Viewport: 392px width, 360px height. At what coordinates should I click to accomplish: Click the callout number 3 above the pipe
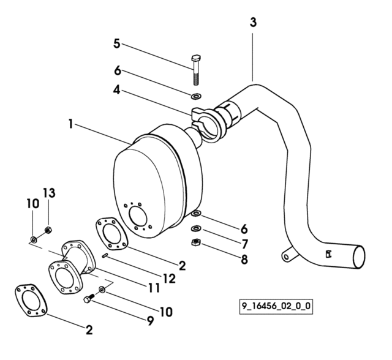pyautogui.click(x=253, y=23)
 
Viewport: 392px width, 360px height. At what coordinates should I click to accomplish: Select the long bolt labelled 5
pyautogui.click(x=196, y=70)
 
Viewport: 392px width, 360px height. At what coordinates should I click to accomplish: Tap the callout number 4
pyautogui.click(x=117, y=89)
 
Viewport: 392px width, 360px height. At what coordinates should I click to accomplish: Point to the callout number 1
pyautogui.click(x=71, y=124)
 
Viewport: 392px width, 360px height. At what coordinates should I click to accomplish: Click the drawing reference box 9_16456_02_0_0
pyautogui.click(x=276, y=306)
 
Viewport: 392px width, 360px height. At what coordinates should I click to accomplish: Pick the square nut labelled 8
pyautogui.click(x=197, y=242)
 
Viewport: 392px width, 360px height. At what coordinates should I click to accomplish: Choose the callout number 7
pyautogui.click(x=245, y=244)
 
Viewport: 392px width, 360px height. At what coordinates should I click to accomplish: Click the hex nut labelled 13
pyautogui.click(x=48, y=230)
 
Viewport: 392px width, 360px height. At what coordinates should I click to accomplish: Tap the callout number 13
pyautogui.click(x=49, y=193)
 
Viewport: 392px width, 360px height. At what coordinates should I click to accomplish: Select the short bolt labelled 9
pyautogui.click(x=88, y=298)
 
